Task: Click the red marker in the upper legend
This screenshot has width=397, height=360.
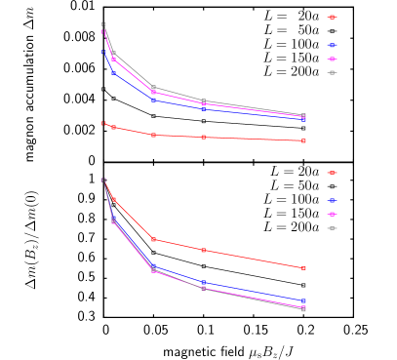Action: (332, 17)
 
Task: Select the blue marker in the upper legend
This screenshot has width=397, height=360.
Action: (332, 45)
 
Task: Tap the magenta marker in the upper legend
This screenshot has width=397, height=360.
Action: (332, 59)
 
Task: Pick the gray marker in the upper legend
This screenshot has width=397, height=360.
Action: (332, 72)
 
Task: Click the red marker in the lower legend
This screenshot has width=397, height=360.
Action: (332, 173)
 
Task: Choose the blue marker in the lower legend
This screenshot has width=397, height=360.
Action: (332, 200)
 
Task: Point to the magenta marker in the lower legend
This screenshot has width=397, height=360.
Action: (332, 214)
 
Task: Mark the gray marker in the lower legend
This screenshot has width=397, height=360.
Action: (332, 228)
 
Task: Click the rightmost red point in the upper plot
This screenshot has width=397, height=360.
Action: (303, 140)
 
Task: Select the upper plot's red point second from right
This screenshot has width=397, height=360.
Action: (203, 138)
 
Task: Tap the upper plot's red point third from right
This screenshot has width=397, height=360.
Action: (153, 135)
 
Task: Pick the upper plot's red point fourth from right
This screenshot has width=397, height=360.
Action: (113, 128)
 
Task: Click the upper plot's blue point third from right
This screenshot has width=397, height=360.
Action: (153, 100)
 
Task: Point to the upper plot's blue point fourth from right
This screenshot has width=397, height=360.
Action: (113, 72)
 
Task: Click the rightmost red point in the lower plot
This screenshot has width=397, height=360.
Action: (303, 268)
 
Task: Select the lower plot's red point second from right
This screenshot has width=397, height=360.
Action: (203, 251)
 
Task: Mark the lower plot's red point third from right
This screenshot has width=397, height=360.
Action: (153, 240)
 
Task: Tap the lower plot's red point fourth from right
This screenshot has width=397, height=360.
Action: (113, 199)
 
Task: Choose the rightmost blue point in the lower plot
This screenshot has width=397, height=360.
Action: (303, 301)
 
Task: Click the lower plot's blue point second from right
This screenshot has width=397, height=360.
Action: (203, 283)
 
